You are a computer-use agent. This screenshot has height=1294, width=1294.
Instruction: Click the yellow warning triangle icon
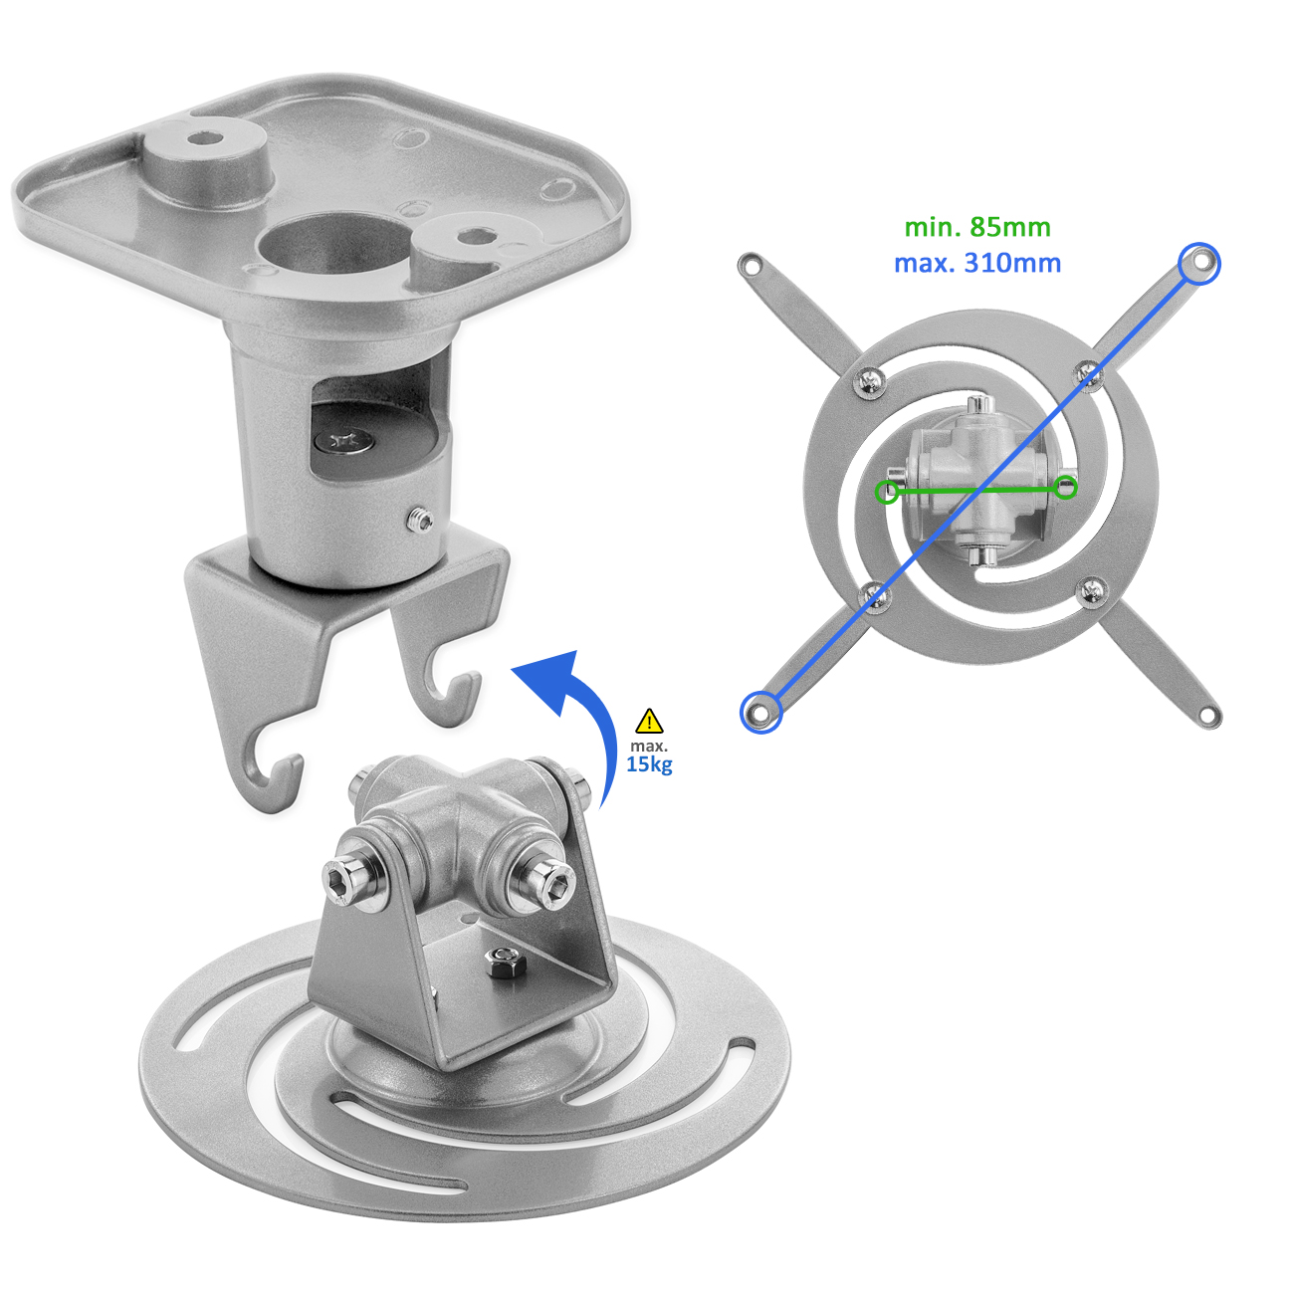(x=649, y=721)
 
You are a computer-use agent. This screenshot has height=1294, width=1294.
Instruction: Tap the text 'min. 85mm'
(x=977, y=228)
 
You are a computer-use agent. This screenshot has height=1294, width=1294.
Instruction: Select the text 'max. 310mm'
(x=977, y=263)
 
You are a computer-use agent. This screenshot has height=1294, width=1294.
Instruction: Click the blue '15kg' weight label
(x=649, y=764)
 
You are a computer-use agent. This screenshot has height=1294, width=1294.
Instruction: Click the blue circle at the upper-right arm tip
(x=1199, y=263)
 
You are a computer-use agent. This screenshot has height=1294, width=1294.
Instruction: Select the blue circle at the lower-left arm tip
(x=760, y=712)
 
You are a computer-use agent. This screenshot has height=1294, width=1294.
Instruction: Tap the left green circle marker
(x=887, y=492)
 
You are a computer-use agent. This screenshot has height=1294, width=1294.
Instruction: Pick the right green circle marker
(x=1065, y=488)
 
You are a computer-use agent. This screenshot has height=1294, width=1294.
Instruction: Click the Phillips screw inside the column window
(x=344, y=441)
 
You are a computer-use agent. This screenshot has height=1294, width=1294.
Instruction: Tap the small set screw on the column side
(x=420, y=521)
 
